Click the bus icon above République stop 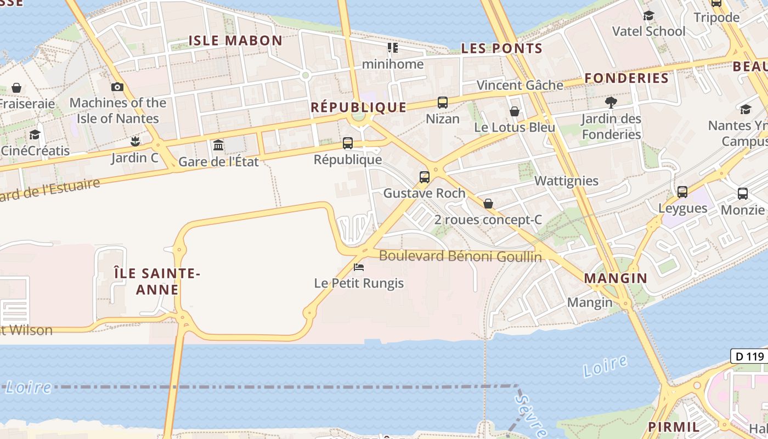pyautogui.click(x=347, y=143)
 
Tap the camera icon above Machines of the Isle pyautogui.click(x=117, y=87)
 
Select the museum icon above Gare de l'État pyautogui.click(x=218, y=145)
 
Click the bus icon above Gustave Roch pyautogui.click(x=424, y=177)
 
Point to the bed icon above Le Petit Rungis pyautogui.click(x=359, y=267)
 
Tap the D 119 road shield pyautogui.click(x=749, y=356)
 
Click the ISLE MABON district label pyautogui.click(x=235, y=40)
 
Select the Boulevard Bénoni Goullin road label pyautogui.click(x=460, y=256)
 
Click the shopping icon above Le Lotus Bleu pyautogui.click(x=515, y=111)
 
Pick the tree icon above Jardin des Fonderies pyautogui.click(x=611, y=102)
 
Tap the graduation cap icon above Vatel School pyautogui.click(x=648, y=15)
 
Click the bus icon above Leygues pyautogui.click(x=682, y=192)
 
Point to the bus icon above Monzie pyautogui.click(x=742, y=193)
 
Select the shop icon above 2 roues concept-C pyautogui.click(x=488, y=204)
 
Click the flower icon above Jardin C pyautogui.click(x=135, y=142)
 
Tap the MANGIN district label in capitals pyautogui.click(x=615, y=278)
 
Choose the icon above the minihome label pyautogui.click(x=393, y=48)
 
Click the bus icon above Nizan pyautogui.click(x=442, y=103)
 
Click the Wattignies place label pyautogui.click(x=566, y=181)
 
